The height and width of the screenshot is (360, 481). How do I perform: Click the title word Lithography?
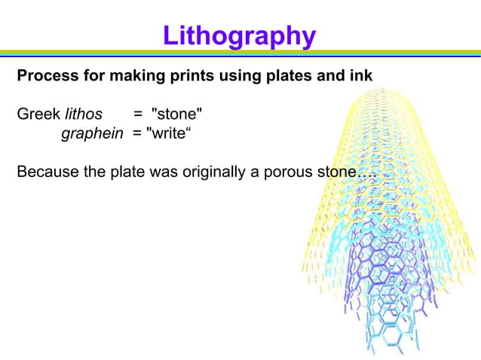239,35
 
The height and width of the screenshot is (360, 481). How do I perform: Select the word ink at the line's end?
361,77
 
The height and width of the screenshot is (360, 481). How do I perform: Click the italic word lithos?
83,114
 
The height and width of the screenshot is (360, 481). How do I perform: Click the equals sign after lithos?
138,114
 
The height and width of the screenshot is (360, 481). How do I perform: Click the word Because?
47,172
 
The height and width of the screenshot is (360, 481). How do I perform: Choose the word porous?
286,172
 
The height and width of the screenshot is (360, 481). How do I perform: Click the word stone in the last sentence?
332,172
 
